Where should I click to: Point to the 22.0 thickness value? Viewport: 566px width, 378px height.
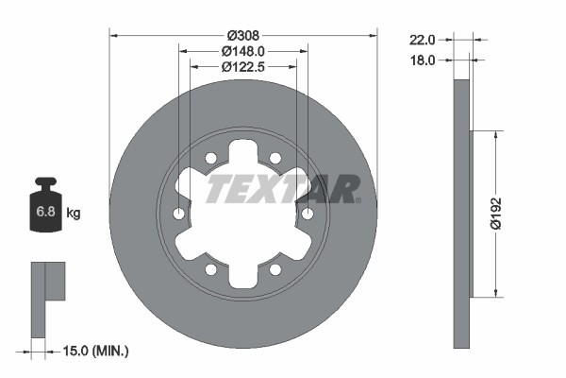421,40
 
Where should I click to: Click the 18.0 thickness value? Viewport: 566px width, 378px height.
421,60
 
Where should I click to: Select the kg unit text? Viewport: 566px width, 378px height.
74,214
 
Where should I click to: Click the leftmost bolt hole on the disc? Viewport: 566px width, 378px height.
179,215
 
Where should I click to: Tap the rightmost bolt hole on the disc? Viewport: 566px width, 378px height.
307,215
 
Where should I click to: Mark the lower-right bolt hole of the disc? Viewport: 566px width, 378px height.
275,269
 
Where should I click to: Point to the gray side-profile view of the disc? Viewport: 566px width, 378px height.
461,214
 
